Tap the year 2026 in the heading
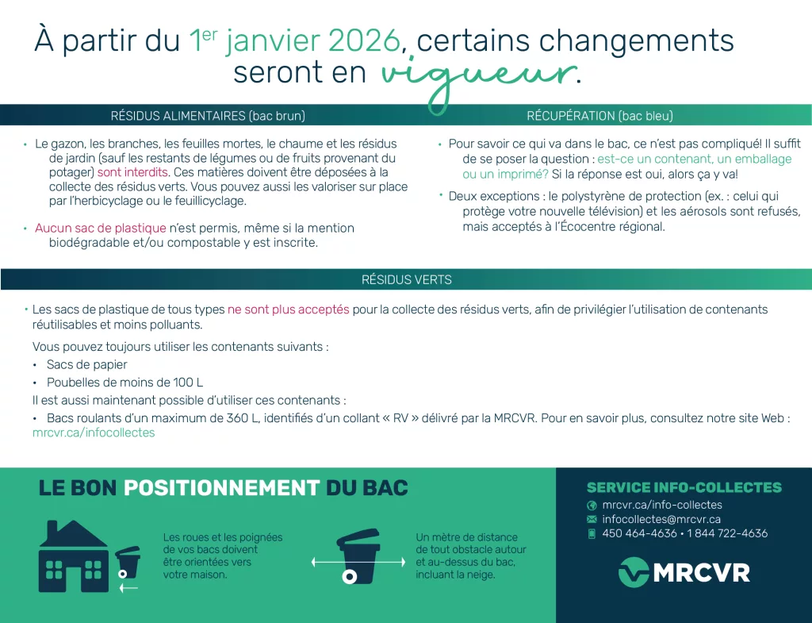364,40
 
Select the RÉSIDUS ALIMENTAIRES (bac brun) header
208,116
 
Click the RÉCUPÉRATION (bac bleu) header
599,116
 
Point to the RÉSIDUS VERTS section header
407,280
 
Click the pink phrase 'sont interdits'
132,172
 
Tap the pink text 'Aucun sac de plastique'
101,228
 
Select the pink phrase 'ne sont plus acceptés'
289,310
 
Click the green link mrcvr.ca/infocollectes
94,433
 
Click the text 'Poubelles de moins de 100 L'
124,383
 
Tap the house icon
74,556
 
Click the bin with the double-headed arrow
358,556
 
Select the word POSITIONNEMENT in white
222,488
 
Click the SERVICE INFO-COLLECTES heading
684,488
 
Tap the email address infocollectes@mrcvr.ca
661,519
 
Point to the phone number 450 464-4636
640,533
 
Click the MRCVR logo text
702,573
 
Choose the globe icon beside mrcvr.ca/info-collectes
592,506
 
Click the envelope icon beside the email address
592,519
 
